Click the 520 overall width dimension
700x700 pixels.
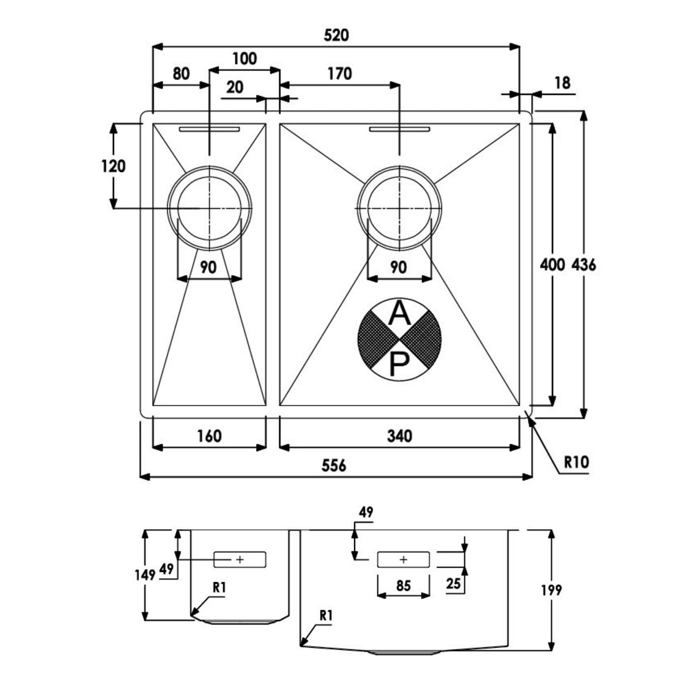pyautogui.click(x=336, y=35)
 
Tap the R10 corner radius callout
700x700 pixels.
pyautogui.click(x=576, y=461)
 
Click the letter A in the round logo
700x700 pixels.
pyautogui.click(x=399, y=314)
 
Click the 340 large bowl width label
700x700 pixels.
pyautogui.click(x=399, y=436)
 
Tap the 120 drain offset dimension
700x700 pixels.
pyautogui.click(x=113, y=166)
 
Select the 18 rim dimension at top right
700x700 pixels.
pyautogui.click(x=562, y=83)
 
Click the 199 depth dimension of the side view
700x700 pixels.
pyautogui.click(x=551, y=590)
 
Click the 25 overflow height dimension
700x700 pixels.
pyautogui.click(x=453, y=584)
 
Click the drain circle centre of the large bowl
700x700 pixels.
pyautogui.click(x=399, y=207)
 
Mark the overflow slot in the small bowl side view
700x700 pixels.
pyautogui.click(x=240, y=559)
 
